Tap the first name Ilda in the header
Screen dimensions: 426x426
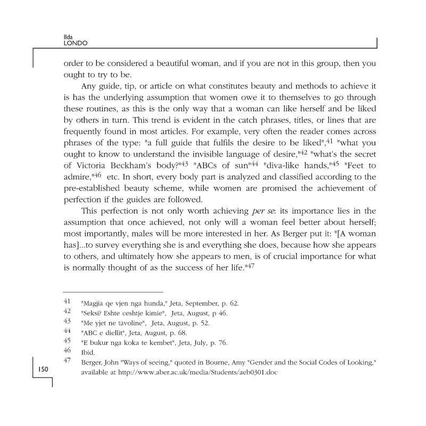point(68,36)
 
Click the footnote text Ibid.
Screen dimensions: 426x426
point(87,351)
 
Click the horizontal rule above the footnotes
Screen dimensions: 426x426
point(113,292)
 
